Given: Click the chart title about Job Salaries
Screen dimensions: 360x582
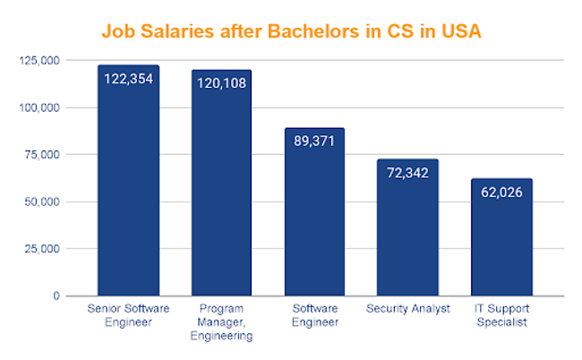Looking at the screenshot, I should click(291, 31).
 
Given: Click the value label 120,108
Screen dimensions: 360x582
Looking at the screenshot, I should click(221, 82).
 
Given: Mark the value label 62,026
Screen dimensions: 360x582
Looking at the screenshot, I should click(501, 192).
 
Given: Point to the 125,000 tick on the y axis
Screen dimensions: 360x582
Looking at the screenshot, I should click(39, 61).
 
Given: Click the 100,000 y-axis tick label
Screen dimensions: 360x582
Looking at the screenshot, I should click(39, 108).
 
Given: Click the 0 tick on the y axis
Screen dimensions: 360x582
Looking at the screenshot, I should click(56, 296).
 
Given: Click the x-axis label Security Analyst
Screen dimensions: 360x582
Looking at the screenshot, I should click(407, 310).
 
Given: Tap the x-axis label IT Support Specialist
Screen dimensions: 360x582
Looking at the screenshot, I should click(501, 316).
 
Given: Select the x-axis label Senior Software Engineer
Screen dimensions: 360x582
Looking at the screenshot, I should click(128, 316).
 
